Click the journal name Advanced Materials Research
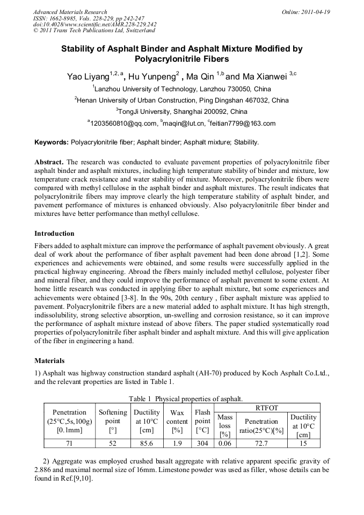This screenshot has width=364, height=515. (70, 12)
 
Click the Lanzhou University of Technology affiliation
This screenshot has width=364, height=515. (183, 89)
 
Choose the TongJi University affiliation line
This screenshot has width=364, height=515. (183, 112)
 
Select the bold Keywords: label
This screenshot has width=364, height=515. (52, 142)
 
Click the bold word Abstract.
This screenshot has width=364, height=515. (49, 162)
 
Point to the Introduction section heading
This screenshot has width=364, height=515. (54, 234)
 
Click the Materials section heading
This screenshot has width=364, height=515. (49, 361)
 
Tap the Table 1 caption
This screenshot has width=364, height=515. (186, 399)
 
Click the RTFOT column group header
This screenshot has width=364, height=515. (267, 408)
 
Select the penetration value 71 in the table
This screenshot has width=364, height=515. (69, 444)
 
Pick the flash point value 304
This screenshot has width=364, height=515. (202, 444)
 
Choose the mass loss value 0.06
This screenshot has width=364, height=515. (224, 444)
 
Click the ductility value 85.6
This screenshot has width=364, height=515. (146, 444)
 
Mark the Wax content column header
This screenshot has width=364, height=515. (177, 422)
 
